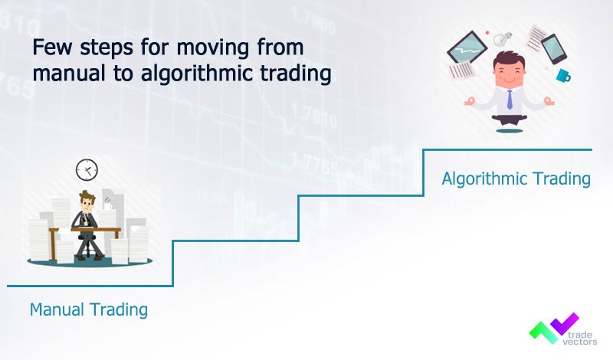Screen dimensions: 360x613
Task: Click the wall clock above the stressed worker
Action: coord(87,169)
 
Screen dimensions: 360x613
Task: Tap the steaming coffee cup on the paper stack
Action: coord(109,205)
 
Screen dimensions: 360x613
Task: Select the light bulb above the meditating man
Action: coord(502,36)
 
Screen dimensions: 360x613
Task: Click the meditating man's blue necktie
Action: coord(510,97)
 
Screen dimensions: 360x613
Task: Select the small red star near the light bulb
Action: coord(487,33)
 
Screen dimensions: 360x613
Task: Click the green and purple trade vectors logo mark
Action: coord(552,328)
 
